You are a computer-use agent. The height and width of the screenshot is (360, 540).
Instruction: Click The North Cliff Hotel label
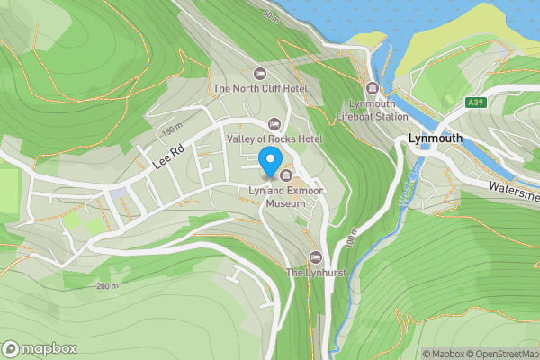click(x=260, y=89)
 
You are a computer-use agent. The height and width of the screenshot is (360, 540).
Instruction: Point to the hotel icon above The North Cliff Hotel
click(x=261, y=73)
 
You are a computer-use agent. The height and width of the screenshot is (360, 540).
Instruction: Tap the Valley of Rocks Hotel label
click(x=274, y=139)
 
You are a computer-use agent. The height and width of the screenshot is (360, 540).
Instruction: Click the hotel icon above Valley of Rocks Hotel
click(x=275, y=123)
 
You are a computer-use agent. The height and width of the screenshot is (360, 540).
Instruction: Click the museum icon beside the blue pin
click(x=286, y=175)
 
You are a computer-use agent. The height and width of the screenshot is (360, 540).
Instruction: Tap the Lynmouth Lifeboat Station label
click(x=373, y=111)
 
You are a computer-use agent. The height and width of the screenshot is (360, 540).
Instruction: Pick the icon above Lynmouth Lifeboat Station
click(x=373, y=88)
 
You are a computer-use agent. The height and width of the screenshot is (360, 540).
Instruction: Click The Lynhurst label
click(x=316, y=272)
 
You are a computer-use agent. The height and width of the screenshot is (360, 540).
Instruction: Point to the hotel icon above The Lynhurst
click(x=315, y=256)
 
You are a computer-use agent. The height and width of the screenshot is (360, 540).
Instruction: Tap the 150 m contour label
click(x=172, y=130)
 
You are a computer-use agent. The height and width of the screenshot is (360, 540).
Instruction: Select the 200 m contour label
click(x=106, y=286)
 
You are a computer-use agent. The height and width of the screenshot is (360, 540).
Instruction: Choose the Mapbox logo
click(x=40, y=348)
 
